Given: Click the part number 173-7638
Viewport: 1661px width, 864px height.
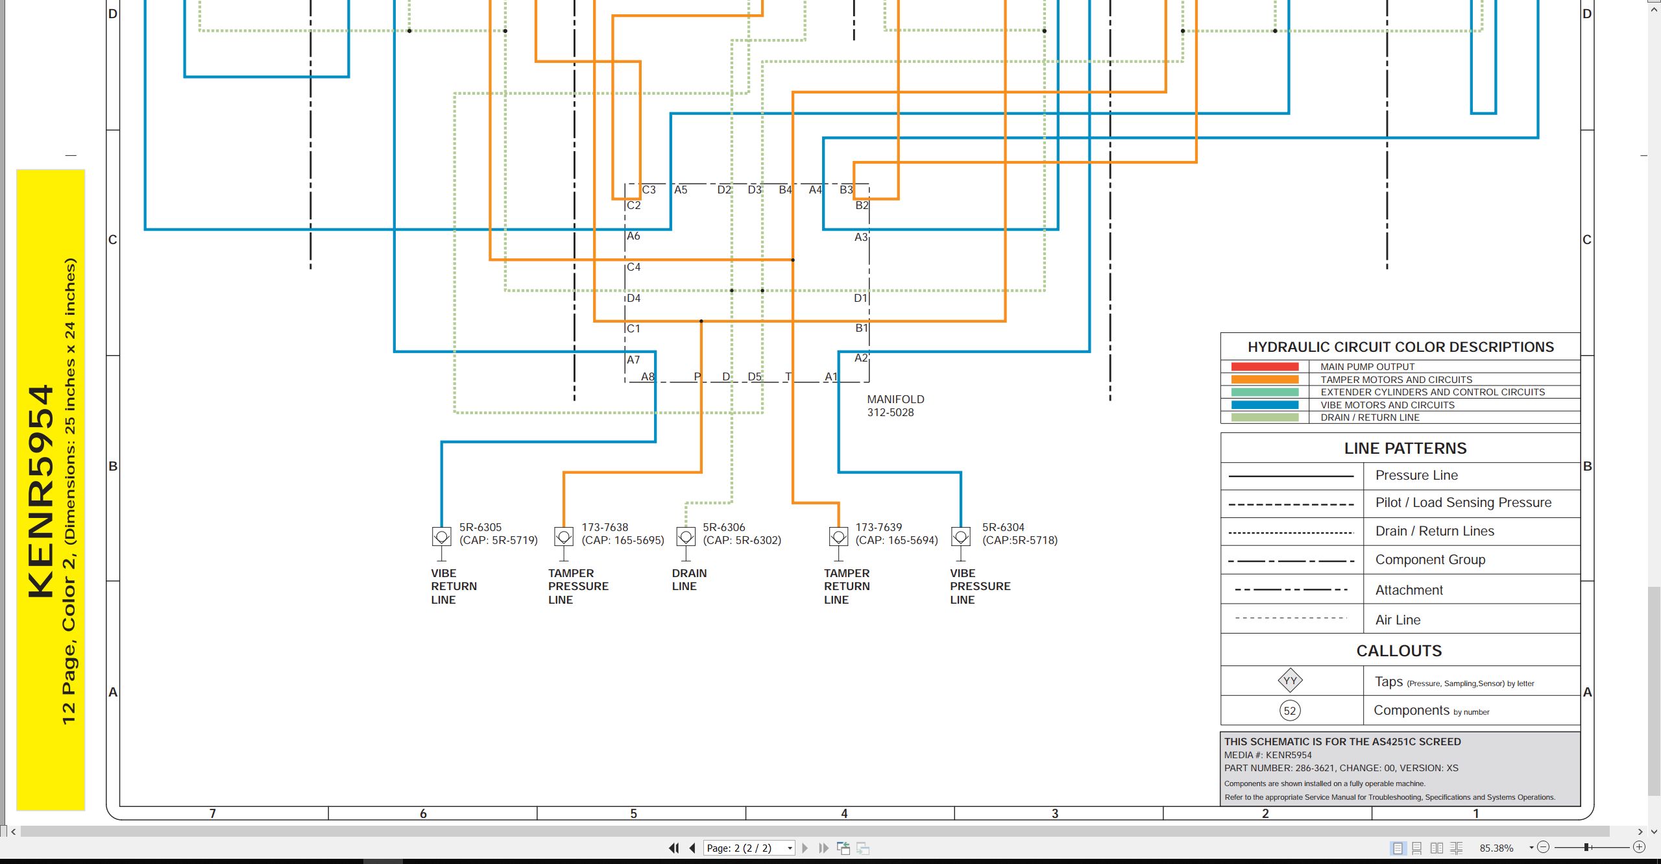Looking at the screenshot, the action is point(605,527).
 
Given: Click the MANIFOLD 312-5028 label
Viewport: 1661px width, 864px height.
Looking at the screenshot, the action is point(895,406).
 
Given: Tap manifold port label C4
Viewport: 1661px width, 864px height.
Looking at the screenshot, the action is point(634,267).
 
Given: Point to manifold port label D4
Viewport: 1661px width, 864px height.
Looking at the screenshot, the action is point(634,298).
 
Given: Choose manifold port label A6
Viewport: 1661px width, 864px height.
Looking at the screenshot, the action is point(634,236).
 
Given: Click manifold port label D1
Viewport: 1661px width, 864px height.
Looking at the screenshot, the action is point(860,298).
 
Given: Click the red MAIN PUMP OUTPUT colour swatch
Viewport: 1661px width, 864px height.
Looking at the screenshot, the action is point(1265,367).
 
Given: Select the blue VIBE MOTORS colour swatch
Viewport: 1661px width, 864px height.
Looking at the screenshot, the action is point(1265,405).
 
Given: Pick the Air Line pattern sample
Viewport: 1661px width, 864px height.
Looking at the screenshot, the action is point(1291,618).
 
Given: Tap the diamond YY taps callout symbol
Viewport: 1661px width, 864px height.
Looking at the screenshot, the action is point(1290,681).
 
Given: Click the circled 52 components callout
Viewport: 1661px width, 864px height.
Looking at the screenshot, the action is point(1290,710).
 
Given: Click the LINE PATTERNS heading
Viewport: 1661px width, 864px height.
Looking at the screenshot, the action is point(1405,448).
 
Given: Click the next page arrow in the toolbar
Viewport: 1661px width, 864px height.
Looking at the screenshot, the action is point(805,848).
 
